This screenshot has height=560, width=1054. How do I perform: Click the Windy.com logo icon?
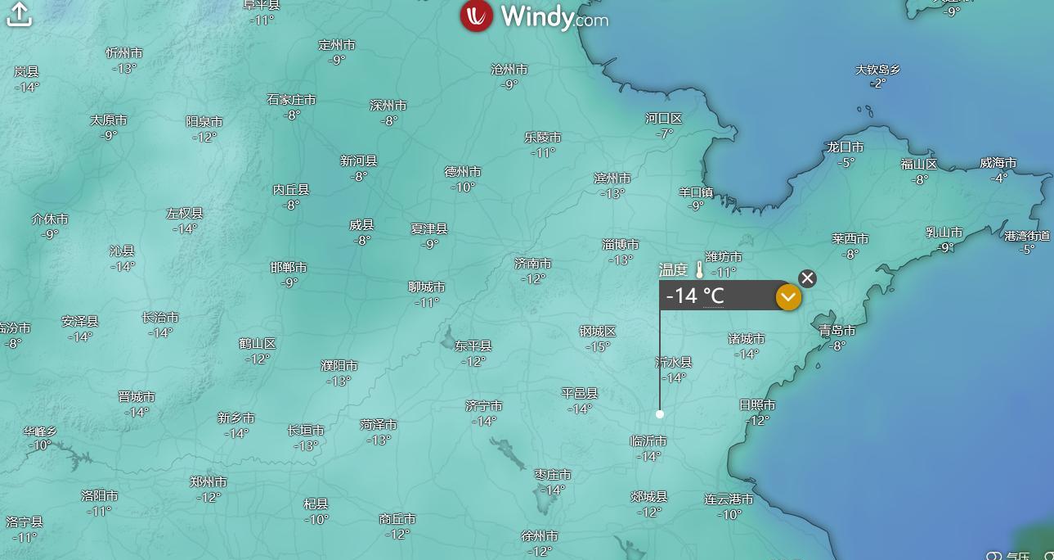coord(476,16)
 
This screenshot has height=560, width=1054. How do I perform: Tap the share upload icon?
coord(19,14)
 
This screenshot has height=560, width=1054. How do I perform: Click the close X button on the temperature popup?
coord(807,278)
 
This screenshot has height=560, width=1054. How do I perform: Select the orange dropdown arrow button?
coord(788,297)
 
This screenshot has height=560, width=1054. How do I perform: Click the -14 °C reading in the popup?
coord(695,296)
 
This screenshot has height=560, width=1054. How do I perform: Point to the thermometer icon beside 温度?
coord(700,269)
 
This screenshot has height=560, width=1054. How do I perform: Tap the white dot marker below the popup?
coord(660,414)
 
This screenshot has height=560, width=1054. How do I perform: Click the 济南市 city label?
coord(533,264)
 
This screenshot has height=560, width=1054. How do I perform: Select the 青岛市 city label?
coord(837,331)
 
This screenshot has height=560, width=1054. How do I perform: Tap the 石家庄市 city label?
coord(291,100)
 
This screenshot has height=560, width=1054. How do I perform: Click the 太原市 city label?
coord(109,120)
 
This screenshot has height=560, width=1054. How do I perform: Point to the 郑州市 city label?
coord(209,482)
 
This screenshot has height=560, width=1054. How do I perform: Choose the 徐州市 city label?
coord(540,536)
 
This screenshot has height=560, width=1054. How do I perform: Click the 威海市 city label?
coord(998,163)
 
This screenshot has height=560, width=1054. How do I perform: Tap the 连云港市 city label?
coord(729,499)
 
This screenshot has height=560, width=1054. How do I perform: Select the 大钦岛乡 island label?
coord(877,70)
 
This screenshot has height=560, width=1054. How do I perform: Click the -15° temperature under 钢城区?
coord(598,347)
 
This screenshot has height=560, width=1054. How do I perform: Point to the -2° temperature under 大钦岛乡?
coord(877,84)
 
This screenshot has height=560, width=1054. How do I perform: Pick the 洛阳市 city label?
coord(100,496)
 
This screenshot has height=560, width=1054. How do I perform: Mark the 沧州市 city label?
coord(509,70)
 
